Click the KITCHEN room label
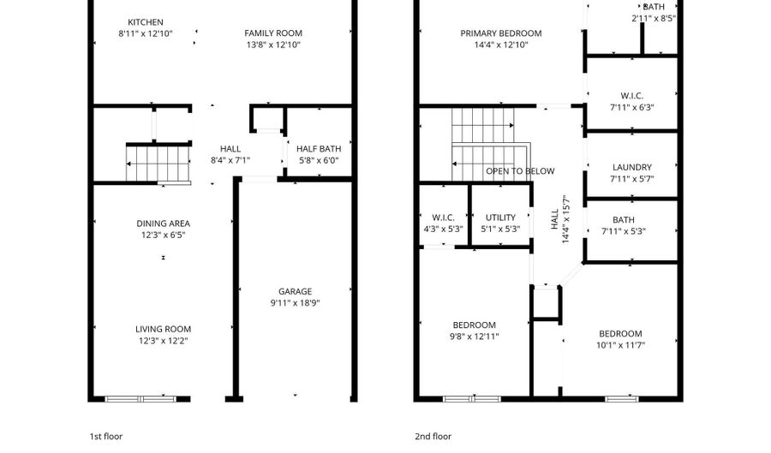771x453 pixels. (x=145, y=22)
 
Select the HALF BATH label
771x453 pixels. (x=318, y=147)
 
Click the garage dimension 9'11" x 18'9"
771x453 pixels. (x=295, y=302)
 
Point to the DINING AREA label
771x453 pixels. (x=163, y=224)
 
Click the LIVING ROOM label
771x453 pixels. (x=163, y=329)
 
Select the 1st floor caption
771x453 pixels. (x=106, y=436)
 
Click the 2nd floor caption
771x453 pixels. (x=433, y=436)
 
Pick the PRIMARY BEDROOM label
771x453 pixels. (x=500, y=33)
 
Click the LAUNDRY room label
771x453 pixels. (x=631, y=168)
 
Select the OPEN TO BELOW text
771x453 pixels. (x=520, y=171)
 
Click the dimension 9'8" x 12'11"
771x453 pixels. (x=475, y=337)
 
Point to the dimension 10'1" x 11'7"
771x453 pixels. (x=619, y=345)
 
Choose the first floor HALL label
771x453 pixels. (x=230, y=148)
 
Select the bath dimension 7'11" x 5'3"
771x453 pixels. (x=631, y=231)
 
